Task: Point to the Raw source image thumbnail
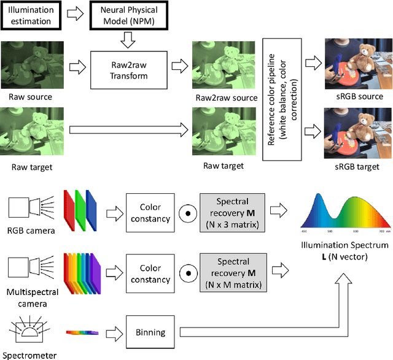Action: [x=31, y=65]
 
